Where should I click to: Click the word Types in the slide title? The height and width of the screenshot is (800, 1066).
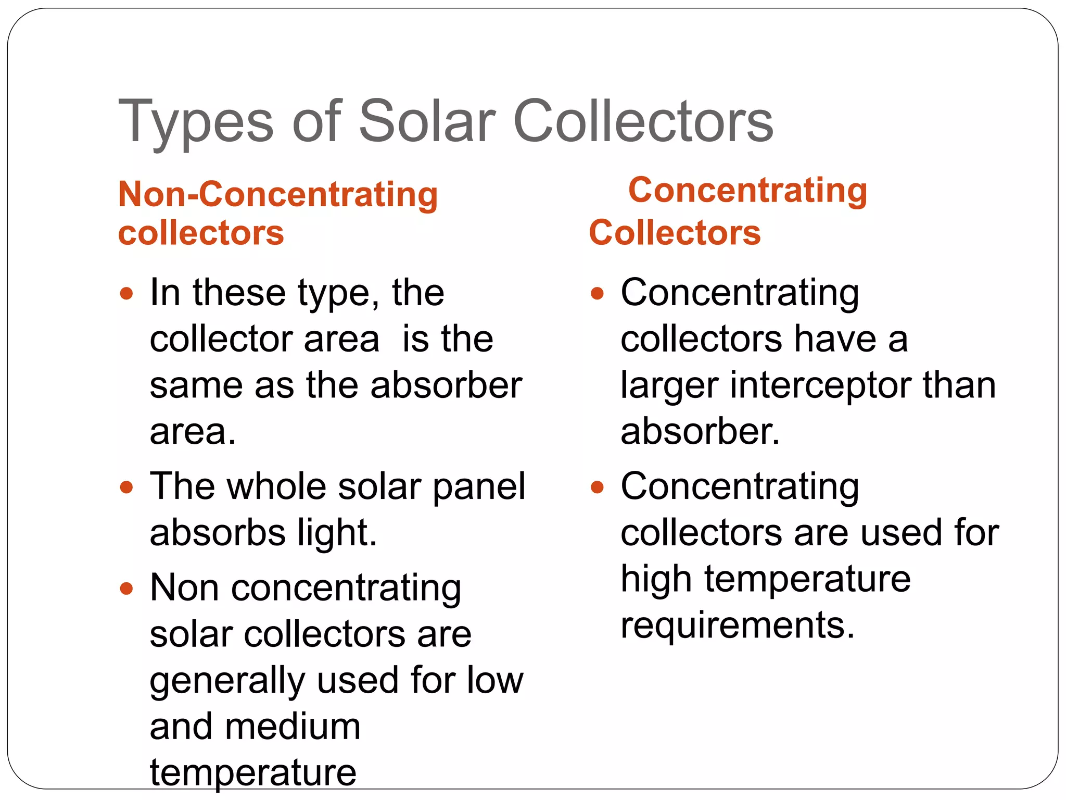tap(196, 122)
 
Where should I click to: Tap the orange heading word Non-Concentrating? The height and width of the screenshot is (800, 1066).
tap(278, 194)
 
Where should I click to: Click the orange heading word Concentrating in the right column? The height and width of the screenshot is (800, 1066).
tap(747, 190)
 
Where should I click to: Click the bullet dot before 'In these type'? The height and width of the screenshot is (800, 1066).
tap(126, 293)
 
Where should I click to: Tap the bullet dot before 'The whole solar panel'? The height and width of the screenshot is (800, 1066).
tap(126, 487)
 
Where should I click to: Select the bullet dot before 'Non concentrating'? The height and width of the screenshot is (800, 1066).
tap(126, 589)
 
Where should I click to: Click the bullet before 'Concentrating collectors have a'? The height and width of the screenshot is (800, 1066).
tap(597, 293)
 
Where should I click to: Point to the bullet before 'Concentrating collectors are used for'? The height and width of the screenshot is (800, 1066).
tap(597, 487)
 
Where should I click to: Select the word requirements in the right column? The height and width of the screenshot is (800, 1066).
tap(738, 625)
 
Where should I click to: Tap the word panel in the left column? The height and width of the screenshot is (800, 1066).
tap(479, 487)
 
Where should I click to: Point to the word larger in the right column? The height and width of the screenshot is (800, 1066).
tap(670, 386)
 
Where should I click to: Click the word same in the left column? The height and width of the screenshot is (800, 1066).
tap(196, 386)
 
